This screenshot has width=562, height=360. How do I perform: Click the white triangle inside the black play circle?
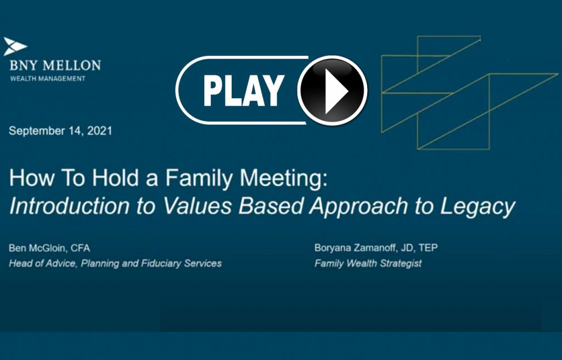(335, 91)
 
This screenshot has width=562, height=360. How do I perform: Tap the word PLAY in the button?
(244, 91)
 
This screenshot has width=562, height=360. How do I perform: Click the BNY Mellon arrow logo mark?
(15, 46)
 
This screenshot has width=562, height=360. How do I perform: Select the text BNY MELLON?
(55, 66)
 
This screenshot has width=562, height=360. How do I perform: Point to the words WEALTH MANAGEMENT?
(48, 78)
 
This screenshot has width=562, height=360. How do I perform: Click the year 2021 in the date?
(100, 131)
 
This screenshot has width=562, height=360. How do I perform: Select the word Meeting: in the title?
(284, 178)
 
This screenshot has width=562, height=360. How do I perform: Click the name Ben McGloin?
(37, 248)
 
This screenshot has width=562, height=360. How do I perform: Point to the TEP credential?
(428, 248)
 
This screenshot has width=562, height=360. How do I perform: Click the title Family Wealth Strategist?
(368, 263)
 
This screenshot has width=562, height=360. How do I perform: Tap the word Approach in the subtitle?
(359, 207)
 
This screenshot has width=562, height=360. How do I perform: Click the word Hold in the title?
(115, 178)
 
